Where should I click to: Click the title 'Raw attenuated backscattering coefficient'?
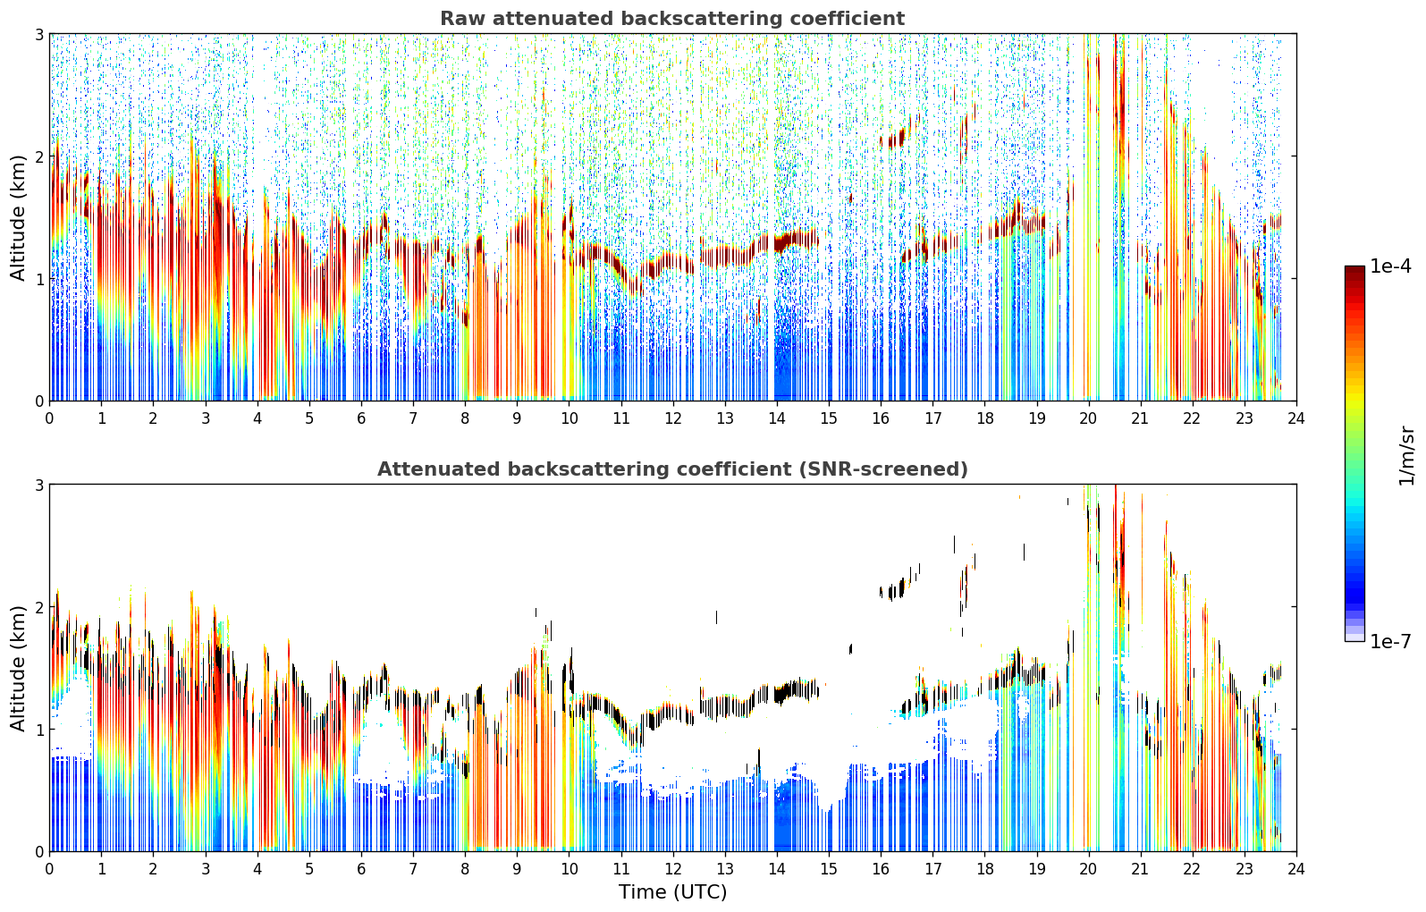pos(672,19)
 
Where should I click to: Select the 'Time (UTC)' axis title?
pos(672,892)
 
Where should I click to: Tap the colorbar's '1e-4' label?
pos(1390,266)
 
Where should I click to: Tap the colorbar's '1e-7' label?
pos(1390,641)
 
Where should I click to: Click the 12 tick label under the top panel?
pos(673,418)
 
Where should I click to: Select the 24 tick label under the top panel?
pos(1296,418)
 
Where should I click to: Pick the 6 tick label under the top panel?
pos(361,418)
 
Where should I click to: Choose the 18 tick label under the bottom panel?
pos(985,869)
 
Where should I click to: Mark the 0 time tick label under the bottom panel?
pos(50,869)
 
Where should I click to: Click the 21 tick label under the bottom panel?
pos(1141,869)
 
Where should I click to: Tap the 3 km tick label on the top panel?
pos(38,34)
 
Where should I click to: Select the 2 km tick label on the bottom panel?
pos(38,607)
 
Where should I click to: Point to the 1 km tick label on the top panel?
pos(38,279)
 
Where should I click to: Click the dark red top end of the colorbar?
pos(1354,270)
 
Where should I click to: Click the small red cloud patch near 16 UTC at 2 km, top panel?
pos(892,139)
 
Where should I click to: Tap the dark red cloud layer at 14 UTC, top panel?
pos(796,241)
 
